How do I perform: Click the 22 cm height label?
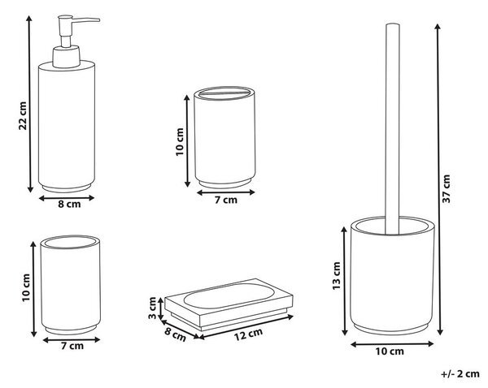pyautogui.click(x=23, y=116)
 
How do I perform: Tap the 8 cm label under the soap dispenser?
pyautogui.click(x=69, y=205)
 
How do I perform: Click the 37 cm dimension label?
pyautogui.click(x=446, y=188)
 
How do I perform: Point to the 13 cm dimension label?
pyautogui.click(x=337, y=276)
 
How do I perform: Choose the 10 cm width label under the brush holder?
pyautogui.click(x=390, y=351)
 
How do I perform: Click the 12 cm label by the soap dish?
pyautogui.click(x=248, y=334)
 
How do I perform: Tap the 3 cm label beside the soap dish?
pyautogui.click(x=152, y=308)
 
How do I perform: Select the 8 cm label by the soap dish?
pyautogui.click(x=176, y=334)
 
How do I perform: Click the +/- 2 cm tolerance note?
pyautogui.click(x=460, y=373)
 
